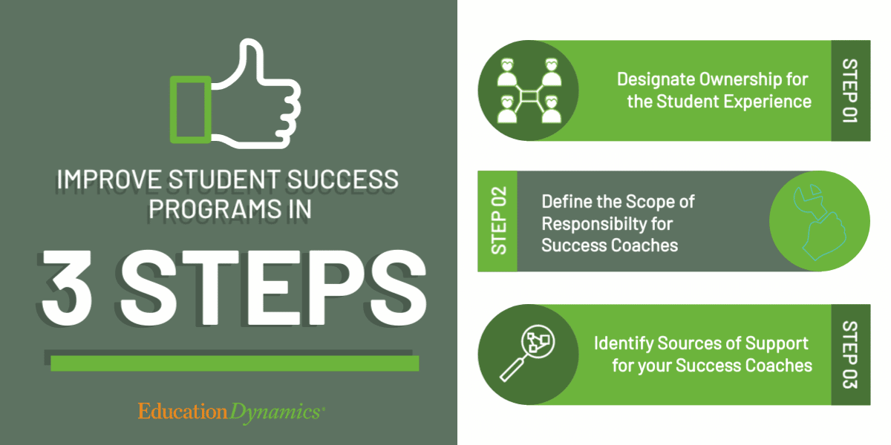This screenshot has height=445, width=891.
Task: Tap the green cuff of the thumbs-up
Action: pos(189,109)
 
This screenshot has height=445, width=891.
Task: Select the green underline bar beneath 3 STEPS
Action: pos(234,363)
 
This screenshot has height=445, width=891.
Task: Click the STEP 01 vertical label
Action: pos(851,90)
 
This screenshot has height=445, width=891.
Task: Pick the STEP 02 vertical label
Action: pos(497,221)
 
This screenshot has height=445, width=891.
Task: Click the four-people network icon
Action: pos(528,90)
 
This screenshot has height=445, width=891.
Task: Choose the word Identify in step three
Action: pos(624,343)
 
